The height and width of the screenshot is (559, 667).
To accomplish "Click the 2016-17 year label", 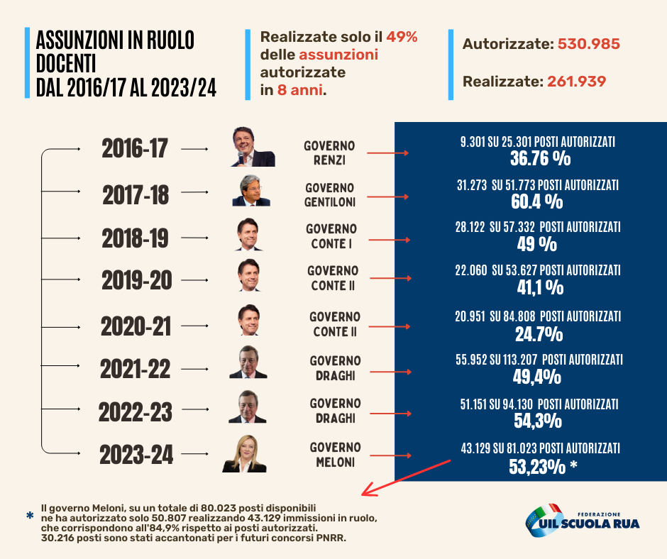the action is click(x=134, y=148).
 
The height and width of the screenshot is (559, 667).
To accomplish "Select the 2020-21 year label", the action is click(x=136, y=326).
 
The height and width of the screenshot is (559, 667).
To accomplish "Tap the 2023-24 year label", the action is click(x=136, y=455).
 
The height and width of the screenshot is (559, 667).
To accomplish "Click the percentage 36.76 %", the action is click(x=540, y=158).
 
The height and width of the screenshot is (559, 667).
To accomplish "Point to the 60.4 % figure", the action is click(x=537, y=201).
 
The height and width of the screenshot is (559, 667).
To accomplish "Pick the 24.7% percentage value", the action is click(x=539, y=334).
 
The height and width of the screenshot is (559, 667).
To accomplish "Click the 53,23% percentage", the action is click(x=537, y=467).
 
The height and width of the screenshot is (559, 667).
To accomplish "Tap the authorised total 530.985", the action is click(x=589, y=44).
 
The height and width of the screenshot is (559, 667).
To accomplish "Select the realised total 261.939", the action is click(x=576, y=82).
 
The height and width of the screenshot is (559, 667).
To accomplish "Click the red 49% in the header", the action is click(x=402, y=37).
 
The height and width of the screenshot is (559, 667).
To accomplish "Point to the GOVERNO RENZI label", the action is click(x=329, y=153).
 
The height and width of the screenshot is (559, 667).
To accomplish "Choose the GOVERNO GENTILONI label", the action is click(x=330, y=195).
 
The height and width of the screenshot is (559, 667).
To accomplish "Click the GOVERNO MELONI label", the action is click(x=335, y=454).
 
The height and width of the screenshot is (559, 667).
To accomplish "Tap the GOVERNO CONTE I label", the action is click(x=331, y=236).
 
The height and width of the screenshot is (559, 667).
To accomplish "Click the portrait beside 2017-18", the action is click(x=251, y=190).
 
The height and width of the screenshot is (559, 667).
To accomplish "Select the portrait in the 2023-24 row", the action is click(x=244, y=453).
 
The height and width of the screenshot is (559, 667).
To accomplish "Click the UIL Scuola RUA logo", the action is click(x=583, y=520).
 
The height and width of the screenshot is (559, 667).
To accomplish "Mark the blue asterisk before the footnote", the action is click(x=30, y=516).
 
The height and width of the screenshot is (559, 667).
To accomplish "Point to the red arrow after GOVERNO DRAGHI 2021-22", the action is click(x=390, y=372).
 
